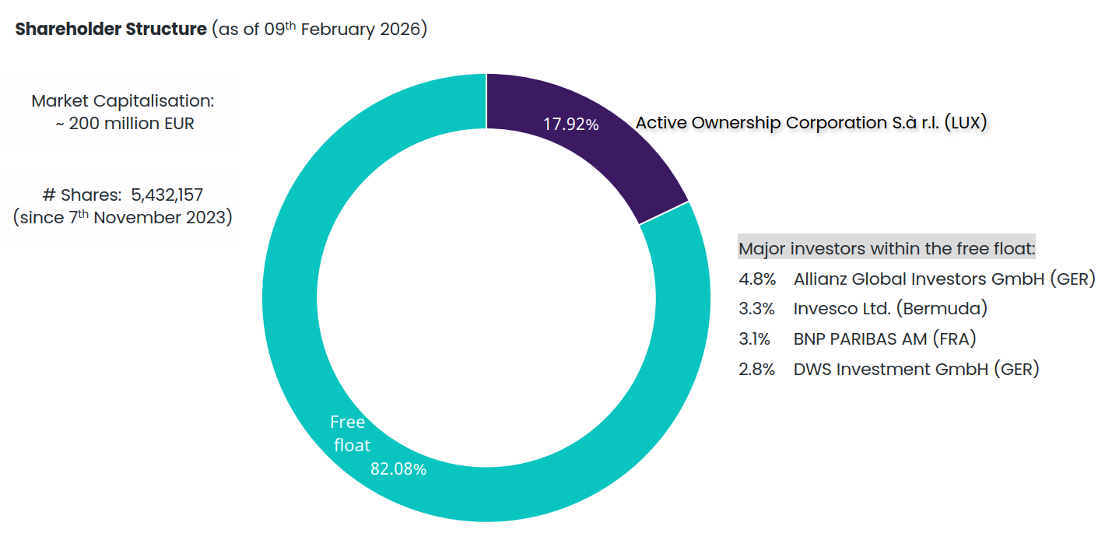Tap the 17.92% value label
[570, 124]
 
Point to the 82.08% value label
[398, 469]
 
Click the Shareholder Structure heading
[110, 30]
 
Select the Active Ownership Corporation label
[811, 123]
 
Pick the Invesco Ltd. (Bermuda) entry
[889, 308]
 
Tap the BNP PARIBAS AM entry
[884, 338]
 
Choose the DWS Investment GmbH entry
[916, 369]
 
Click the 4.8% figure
[756, 279]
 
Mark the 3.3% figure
[756, 308]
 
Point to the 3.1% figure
[754, 338]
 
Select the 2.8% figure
[756, 369]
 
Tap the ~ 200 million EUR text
[124, 123]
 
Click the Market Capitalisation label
[122, 101]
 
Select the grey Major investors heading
[886, 249]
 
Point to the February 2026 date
[363, 30]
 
